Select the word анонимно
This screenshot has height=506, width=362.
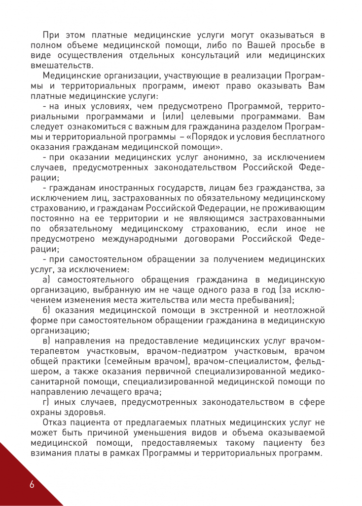coord(220,158)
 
